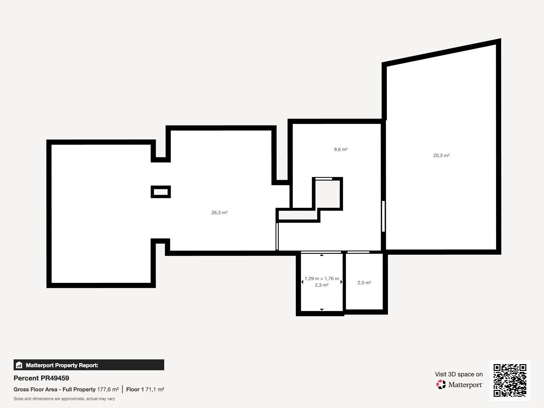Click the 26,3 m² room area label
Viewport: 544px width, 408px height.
(x=219, y=213)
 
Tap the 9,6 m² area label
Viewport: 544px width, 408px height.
(x=341, y=149)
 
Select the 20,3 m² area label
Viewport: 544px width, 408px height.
(x=441, y=156)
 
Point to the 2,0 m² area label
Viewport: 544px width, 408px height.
(x=364, y=283)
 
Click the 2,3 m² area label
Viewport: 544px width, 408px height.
(x=322, y=285)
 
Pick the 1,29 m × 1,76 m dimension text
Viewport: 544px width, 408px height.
(x=322, y=279)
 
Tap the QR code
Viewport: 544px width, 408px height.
(x=510, y=380)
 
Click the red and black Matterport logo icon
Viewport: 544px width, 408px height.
(x=441, y=384)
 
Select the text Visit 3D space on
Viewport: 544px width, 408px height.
(x=459, y=374)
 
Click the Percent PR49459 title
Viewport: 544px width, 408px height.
(x=41, y=378)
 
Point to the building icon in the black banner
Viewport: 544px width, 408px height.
(x=19, y=365)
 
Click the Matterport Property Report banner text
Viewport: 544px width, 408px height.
(x=62, y=365)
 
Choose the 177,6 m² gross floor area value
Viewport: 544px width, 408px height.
(x=108, y=389)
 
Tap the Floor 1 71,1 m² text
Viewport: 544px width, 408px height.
(x=145, y=389)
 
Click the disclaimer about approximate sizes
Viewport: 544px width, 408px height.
(x=64, y=399)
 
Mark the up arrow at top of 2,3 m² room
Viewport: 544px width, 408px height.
(x=322, y=255)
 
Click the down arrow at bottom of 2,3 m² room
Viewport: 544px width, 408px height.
(x=322, y=310)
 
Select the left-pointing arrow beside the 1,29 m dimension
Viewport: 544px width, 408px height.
(x=302, y=282)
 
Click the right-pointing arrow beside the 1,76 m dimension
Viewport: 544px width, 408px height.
(x=341, y=282)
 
